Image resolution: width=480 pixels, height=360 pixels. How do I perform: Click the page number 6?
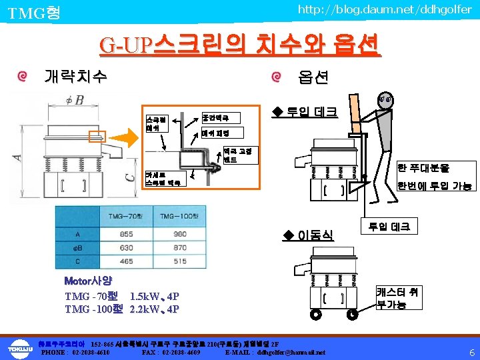click(x=471, y=352)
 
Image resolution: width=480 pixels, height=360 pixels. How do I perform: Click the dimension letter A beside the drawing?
click(x=18, y=159)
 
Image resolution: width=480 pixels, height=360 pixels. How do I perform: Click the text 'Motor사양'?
click(x=87, y=281)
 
